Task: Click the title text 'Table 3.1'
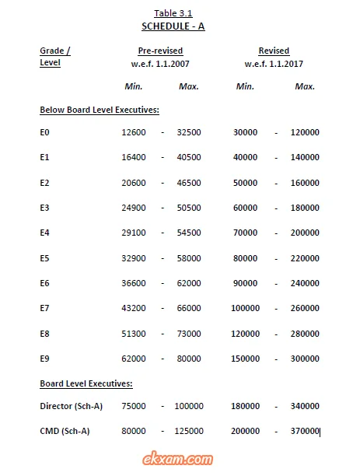(173, 13)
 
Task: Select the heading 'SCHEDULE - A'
(173, 26)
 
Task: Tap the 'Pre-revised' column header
(166, 51)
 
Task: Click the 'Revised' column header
(274, 51)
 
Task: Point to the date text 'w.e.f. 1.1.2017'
(274, 63)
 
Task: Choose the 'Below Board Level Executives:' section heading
(99, 110)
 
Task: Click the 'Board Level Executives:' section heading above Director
(86, 383)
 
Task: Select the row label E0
(45, 133)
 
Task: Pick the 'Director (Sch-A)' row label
(71, 406)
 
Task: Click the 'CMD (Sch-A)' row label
(65, 431)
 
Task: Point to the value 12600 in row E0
(134, 133)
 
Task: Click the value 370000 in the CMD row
(305, 431)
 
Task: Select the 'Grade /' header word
(55, 51)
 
